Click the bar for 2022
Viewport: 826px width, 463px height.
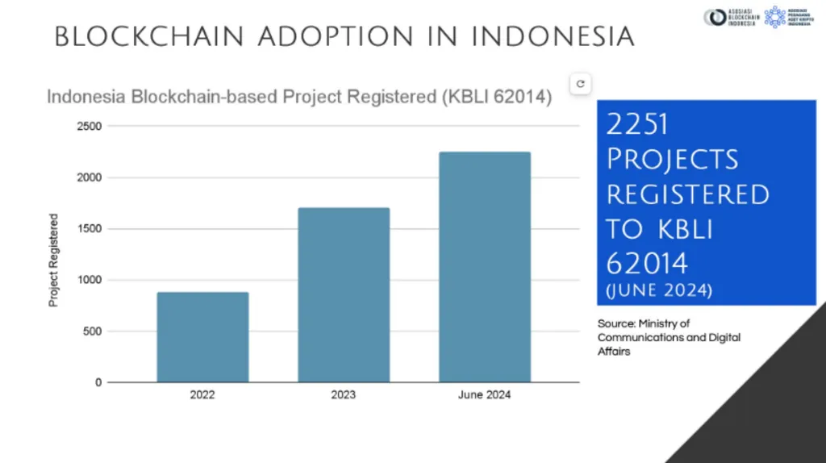[x=202, y=337]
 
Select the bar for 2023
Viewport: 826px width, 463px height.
[x=344, y=295]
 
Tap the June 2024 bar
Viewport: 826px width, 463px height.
[x=485, y=267]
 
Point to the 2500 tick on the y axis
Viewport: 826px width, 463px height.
[x=90, y=127]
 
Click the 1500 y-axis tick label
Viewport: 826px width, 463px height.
[x=90, y=229]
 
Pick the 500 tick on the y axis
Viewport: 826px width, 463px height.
[x=93, y=332]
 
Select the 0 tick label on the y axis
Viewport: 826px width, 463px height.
[x=98, y=382]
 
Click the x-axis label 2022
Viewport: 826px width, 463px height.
[x=202, y=395]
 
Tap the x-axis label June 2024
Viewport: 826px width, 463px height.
[x=485, y=395]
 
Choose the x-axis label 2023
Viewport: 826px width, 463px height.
[x=344, y=395]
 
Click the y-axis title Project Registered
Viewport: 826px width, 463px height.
[x=54, y=260]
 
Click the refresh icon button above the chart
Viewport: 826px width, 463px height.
[x=581, y=83]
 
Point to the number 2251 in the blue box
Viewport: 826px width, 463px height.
[x=637, y=124]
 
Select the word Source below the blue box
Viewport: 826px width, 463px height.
[x=615, y=323]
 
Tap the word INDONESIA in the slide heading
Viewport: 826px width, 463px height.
[x=553, y=36]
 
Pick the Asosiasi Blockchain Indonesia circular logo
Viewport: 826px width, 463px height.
[x=712, y=17]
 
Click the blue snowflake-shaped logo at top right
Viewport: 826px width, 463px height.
[x=774, y=17]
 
